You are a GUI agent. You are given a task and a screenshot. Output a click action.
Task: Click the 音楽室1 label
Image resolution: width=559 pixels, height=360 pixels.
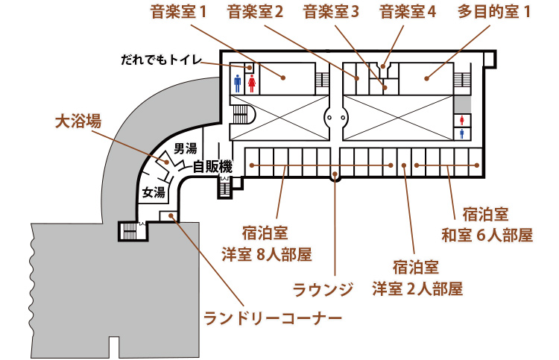[x=178, y=12]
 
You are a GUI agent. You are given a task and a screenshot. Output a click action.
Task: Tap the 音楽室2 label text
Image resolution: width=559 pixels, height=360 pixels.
[x=256, y=12]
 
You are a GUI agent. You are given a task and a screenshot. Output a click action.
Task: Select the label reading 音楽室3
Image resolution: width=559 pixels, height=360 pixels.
[x=332, y=12]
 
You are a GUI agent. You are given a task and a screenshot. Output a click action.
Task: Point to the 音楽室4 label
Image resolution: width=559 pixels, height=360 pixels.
[x=408, y=12]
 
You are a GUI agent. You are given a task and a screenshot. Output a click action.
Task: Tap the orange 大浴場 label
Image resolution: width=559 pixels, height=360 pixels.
[x=78, y=121]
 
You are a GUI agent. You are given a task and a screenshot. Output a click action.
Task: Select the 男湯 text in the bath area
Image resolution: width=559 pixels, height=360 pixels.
[x=185, y=148]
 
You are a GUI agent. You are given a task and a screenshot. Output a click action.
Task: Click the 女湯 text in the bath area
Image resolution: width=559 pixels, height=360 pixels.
[x=153, y=193]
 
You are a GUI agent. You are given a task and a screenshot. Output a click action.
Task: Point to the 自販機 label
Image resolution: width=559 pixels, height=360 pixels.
[x=214, y=167]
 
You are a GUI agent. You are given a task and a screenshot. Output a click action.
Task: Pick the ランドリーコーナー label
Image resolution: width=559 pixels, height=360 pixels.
[x=273, y=318]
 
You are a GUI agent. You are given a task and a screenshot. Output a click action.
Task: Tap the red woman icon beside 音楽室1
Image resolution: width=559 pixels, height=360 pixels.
[x=252, y=82]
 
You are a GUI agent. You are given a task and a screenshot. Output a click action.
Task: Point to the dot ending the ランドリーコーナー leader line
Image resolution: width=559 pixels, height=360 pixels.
[x=171, y=216]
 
